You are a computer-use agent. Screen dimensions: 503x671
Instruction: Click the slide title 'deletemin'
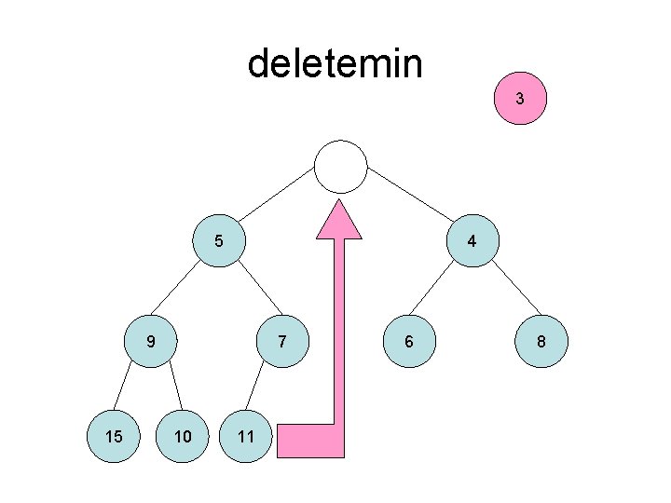[x=335, y=64]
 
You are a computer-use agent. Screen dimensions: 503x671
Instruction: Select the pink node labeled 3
[x=520, y=99]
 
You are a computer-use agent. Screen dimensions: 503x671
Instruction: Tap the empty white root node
[x=341, y=168]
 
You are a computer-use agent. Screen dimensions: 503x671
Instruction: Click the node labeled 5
[x=218, y=240]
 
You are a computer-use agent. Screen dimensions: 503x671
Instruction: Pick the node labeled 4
[x=472, y=240]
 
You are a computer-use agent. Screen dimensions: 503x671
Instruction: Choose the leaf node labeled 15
[x=114, y=436]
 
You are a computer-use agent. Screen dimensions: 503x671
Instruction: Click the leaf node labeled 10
[x=184, y=436]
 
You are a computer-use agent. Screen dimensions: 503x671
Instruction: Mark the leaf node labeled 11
[x=245, y=436]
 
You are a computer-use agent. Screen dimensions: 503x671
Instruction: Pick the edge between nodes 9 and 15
[x=131, y=389]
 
